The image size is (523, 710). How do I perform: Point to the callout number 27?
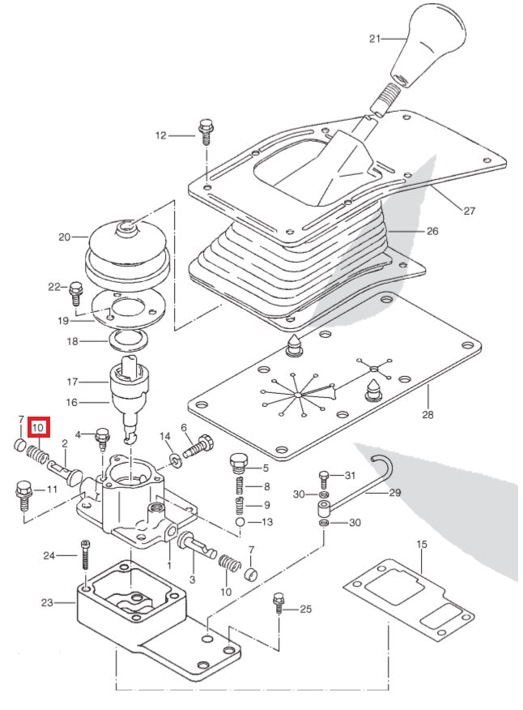469,212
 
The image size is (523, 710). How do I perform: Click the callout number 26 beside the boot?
432,231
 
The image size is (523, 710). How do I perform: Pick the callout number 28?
427,415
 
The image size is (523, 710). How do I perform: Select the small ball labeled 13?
240,523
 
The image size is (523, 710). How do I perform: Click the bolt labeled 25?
279,604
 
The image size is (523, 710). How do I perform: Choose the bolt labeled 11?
22,493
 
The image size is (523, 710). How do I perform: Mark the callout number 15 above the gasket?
421,544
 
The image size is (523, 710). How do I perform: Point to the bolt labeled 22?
77,289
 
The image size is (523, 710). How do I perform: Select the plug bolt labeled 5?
238,464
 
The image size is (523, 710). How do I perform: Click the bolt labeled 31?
323,477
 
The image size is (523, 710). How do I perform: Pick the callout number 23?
46,602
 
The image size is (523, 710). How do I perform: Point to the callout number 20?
65,237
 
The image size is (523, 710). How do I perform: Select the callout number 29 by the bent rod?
394,492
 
